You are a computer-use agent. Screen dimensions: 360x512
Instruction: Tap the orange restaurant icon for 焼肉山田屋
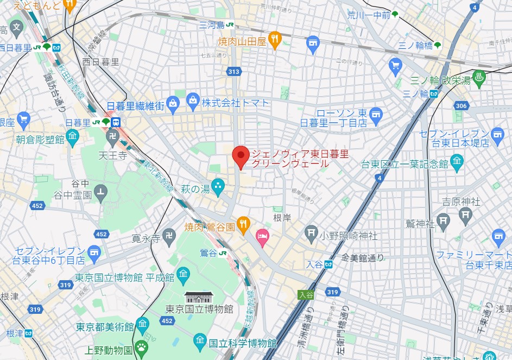click(276, 39)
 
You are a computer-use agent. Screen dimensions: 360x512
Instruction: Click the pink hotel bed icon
click(263, 236)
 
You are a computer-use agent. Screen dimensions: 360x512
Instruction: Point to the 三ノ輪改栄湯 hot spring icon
click(480, 79)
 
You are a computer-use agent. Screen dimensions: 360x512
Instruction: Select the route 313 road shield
click(234, 71)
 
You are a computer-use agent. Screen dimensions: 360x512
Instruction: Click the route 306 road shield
click(461, 105)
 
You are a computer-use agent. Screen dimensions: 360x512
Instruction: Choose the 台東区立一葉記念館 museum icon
click(457, 162)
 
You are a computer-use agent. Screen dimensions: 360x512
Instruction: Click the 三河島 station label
click(212, 25)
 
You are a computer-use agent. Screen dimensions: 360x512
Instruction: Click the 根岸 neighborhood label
click(282, 217)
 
